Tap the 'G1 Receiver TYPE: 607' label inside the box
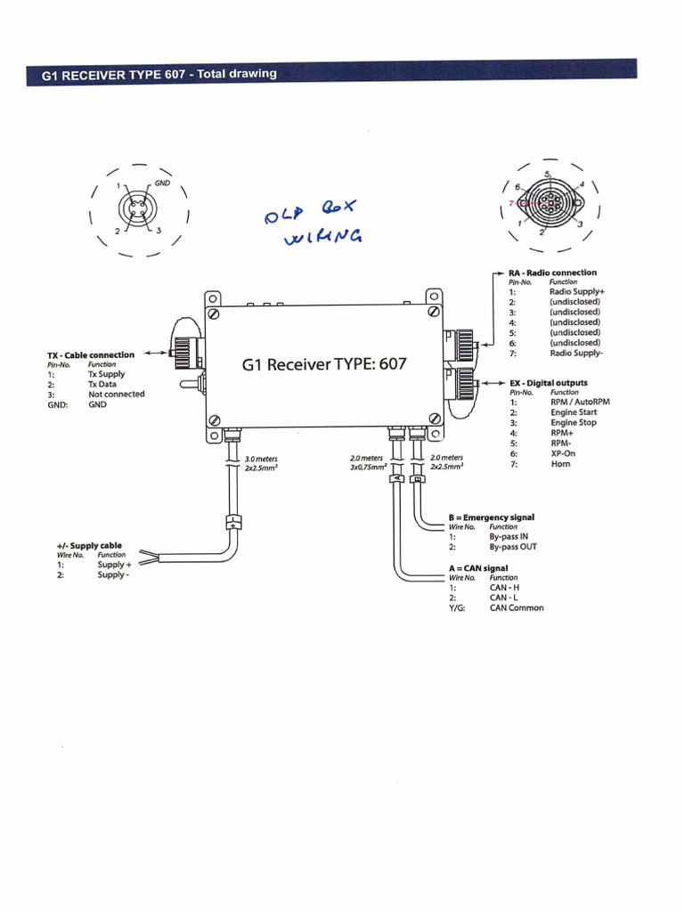pos(324,364)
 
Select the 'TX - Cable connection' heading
pos(91,355)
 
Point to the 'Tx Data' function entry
pos(102,385)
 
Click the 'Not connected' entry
pos(116,395)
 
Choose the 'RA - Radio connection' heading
pos(552,273)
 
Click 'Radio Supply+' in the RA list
pos(577,292)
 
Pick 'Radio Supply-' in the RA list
pos(576,354)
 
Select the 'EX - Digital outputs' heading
pos(548,383)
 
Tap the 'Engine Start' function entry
pos(574,412)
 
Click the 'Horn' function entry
pos(560,464)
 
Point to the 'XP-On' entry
pos(563,453)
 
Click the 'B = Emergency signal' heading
pos(492,517)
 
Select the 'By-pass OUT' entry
pos(513,547)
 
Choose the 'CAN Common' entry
pos(517,608)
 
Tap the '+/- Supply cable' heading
pos(89,545)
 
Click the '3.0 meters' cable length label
pos(261,460)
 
